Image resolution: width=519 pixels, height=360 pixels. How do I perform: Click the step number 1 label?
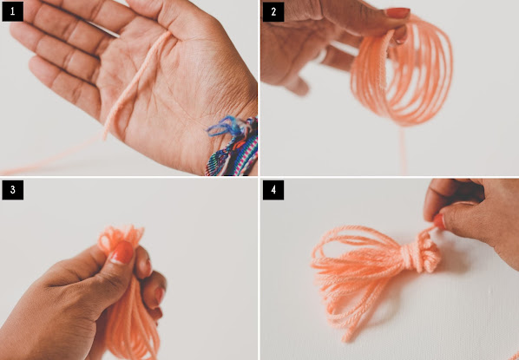tap(12, 11)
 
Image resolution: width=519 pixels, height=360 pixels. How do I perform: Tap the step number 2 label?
tap(273, 11)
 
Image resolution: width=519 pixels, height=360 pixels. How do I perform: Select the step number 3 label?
tap(12, 190)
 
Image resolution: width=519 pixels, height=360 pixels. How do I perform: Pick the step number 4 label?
tap(273, 190)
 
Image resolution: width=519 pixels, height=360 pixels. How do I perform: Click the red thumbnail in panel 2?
tap(397, 13)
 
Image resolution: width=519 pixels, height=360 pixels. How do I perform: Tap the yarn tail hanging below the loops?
tap(404, 151)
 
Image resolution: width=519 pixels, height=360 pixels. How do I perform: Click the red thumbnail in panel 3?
tap(122, 252)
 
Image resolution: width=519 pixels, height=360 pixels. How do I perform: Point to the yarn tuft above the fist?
tap(120, 237)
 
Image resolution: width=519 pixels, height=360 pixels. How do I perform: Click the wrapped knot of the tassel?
tap(420, 253)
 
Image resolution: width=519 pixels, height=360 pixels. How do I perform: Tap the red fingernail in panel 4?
tap(439, 222)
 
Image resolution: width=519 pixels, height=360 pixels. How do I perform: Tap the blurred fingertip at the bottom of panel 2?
tap(299, 86)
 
